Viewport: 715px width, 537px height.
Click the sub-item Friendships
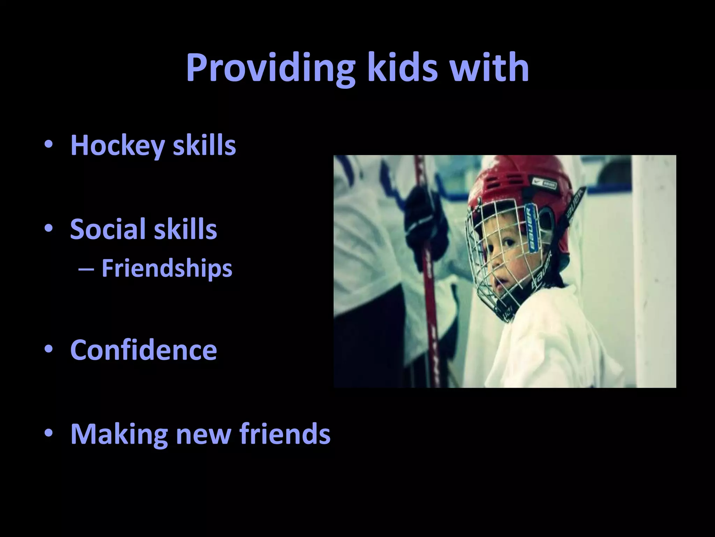[167, 268]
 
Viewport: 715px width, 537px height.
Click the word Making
[119, 434]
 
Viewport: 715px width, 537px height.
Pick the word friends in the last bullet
[285, 434]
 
